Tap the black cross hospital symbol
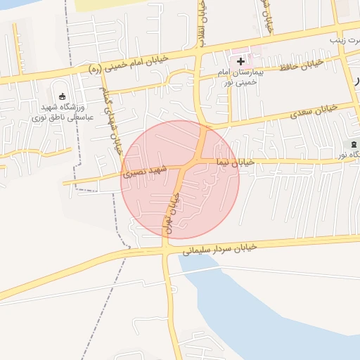point(240,62)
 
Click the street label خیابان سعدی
point(313,111)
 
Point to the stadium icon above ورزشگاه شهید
point(62,96)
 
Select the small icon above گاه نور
point(353,145)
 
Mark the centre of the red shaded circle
point(180,179)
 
